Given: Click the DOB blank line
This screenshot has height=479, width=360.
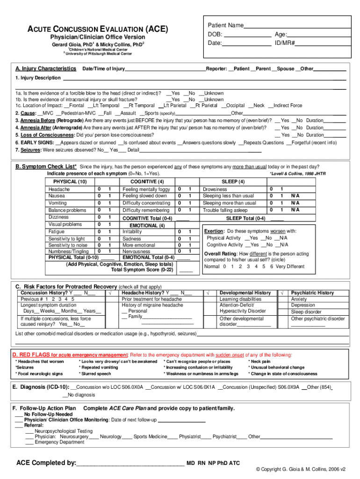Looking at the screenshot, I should pyautogui.click(x=248, y=35).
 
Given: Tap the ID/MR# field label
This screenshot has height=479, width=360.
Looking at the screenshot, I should pyautogui.click(x=285, y=43).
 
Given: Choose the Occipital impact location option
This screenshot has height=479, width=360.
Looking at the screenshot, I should pyautogui.click(x=234, y=106).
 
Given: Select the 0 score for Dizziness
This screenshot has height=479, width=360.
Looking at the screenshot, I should pyautogui.click(x=99, y=217).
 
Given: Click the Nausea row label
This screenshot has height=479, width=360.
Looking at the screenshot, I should pyautogui.click(x=57, y=196).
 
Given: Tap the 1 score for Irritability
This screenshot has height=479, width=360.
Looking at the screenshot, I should pyautogui.click(x=190, y=232).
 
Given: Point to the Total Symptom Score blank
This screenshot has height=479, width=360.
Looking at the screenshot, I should pyautogui.click(x=186, y=270).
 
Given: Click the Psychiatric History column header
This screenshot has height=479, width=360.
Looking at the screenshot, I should pyautogui.click(x=313, y=293).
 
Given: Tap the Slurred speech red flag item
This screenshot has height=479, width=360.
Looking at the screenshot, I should pyautogui.click(x=96, y=374).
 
